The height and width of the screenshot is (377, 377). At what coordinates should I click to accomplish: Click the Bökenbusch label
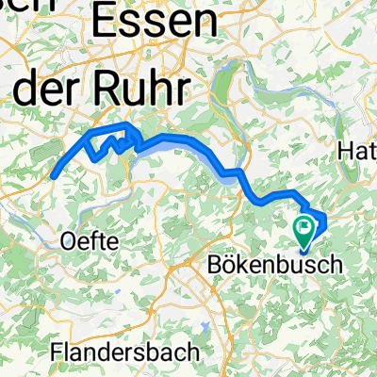pyautogui.click(x=273, y=266)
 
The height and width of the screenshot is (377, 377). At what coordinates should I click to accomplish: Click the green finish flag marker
pyautogui.click(x=304, y=227)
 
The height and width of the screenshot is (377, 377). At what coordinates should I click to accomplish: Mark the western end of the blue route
pyautogui.click(x=54, y=174)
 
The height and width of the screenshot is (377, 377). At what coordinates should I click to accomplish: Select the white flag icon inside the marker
pyautogui.click(x=304, y=225)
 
